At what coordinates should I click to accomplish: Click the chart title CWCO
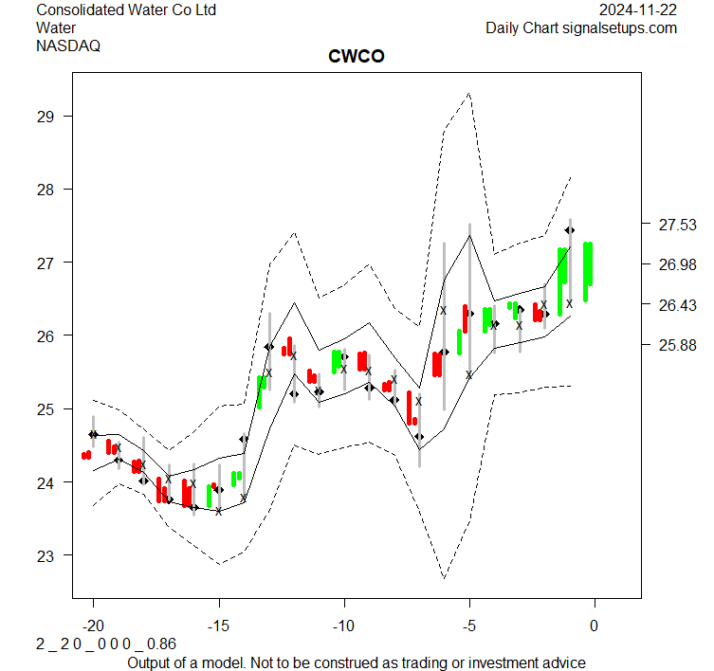[356, 57]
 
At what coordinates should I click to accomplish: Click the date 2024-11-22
[638, 10]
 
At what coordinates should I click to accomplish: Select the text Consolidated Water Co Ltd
[126, 10]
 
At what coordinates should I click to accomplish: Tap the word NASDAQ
[68, 45]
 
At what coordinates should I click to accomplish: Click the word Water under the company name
[56, 27]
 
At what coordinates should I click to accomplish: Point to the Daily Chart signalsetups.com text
[581, 27]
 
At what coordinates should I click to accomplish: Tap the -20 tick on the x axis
[93, 626]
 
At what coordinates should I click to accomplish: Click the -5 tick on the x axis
[468, 626]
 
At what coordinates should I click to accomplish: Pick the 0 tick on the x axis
[595, 626]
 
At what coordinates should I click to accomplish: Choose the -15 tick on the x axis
[219, 626]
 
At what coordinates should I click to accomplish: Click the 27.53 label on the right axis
[678, 225]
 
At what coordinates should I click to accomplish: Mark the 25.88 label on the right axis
[678, 345]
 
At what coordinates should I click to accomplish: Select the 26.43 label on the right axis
[678, 305]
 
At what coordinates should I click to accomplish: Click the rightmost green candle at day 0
[588, 272]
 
